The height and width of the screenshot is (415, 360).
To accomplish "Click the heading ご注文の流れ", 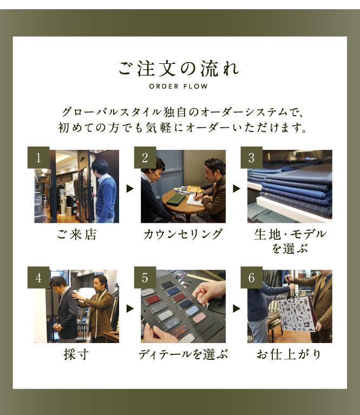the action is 178,69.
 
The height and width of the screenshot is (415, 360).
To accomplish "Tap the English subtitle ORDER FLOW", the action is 178,86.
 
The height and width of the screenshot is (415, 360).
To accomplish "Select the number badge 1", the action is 38,157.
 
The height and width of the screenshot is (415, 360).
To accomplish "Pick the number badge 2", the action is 145,157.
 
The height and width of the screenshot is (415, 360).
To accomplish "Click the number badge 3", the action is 251,157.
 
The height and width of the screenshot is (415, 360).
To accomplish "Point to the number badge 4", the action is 38,278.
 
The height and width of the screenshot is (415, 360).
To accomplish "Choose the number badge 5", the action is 145,278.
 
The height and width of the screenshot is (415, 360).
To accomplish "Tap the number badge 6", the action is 251,278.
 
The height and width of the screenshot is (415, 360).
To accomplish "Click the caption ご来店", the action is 76,234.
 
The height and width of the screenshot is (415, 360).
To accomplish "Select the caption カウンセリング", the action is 183,234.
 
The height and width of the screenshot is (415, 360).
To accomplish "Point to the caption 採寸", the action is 76,354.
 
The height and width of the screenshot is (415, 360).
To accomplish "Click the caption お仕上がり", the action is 289,354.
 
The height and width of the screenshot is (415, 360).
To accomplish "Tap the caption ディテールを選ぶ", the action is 183,354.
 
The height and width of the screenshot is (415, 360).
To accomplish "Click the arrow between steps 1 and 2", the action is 130,188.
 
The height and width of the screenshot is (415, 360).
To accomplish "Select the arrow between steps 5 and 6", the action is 237,308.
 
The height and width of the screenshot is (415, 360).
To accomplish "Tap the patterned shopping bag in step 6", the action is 297,314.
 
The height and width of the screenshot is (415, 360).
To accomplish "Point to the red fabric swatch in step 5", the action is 153,300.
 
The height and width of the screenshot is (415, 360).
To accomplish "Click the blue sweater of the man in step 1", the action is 106,197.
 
